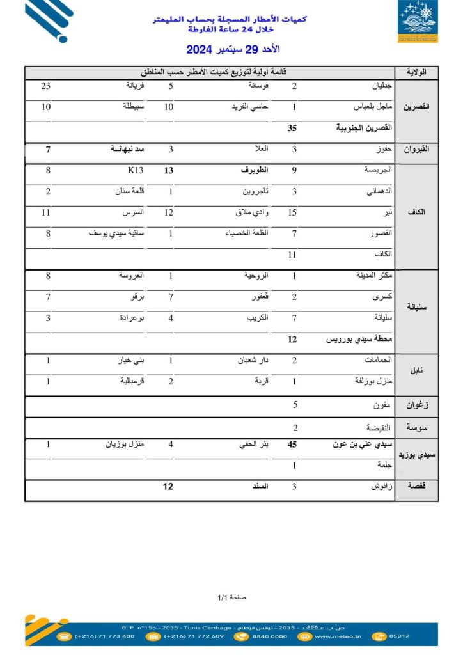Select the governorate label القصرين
(418, 107)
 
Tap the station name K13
(136, 170)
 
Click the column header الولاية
(418, 72)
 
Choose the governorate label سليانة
(418, 307)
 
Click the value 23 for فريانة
(45, 86)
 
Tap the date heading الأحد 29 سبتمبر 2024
(233, 49)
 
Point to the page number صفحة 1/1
(231, 597)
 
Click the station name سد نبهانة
(127, 149)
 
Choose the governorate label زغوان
(418, 405)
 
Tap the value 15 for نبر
(294, 212)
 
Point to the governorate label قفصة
(418, 487)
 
